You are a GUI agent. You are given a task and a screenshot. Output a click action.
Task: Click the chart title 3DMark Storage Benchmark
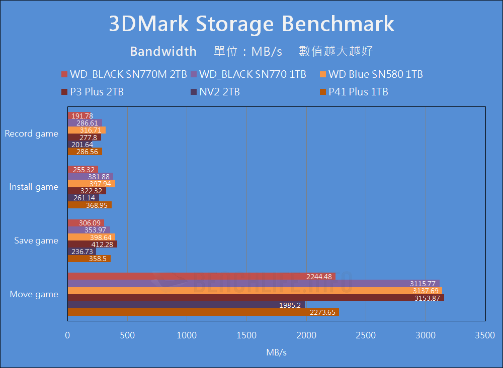[251, 24]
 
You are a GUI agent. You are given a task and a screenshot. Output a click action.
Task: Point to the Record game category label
[32, 134]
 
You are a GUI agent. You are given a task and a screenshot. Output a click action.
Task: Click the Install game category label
[34, 187]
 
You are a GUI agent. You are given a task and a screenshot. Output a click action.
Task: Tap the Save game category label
[36, 240]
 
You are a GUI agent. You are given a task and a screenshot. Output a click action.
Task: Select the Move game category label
[34, 294]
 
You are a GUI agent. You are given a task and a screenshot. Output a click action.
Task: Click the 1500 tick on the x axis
[246, 335]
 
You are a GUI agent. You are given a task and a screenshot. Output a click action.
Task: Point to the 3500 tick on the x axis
[485, 335]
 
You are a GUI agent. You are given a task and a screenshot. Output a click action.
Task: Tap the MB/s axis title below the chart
[276, 352]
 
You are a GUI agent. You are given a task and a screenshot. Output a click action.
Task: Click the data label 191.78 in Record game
[82, 116]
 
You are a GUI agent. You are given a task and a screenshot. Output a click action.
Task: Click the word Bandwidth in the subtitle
[163, 51]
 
